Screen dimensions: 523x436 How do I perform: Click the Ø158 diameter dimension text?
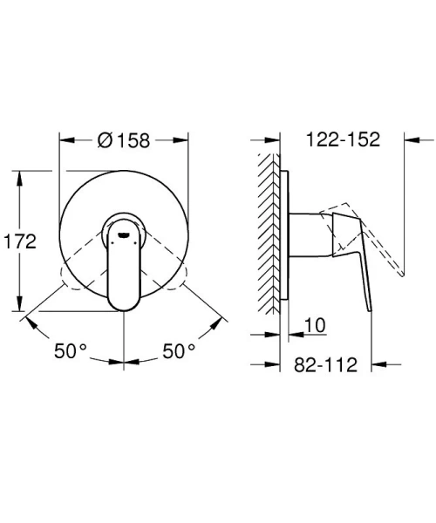pos(124,139)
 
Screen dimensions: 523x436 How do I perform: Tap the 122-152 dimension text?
pos(344,139)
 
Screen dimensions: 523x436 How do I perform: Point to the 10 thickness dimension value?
pos(316,326)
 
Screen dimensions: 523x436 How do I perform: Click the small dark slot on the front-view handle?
pos(124,233)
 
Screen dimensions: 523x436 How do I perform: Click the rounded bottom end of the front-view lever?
pos(123,300)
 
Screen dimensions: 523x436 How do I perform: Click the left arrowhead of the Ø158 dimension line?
pos(64,139)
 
